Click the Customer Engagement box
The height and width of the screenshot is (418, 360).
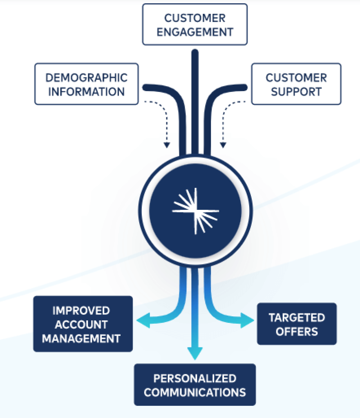point(195,24)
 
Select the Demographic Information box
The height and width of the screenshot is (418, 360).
point(86,84)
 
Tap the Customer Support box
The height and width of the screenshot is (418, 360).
point(296,84)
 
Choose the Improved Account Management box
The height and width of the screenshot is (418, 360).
point(83,324)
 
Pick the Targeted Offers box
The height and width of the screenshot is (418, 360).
point(297,324)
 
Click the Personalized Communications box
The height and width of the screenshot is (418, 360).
point(195,385)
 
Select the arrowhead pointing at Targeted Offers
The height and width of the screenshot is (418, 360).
point(247,320)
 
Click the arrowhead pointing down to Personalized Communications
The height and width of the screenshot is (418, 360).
point(195,353)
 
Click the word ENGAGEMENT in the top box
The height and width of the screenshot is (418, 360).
point(195,32)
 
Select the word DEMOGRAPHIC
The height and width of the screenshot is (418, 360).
point(86,78)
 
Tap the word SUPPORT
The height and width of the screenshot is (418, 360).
point(296,91)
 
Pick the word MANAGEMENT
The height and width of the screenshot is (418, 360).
point(81,338)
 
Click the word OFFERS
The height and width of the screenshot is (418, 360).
point(297,331)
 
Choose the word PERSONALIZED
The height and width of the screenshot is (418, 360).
point(195,378)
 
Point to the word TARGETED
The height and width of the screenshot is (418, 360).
point(297,317)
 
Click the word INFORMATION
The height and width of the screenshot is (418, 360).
point(86,91)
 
